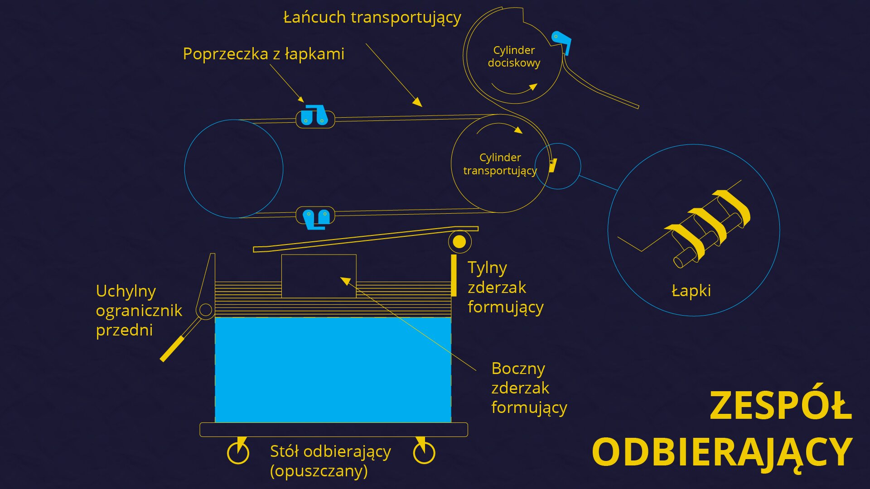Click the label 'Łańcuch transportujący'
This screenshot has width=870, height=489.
tap(372, 18)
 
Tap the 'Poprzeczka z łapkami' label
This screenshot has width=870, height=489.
tap(263, 54)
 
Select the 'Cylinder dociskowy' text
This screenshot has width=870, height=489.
tap(514, 57)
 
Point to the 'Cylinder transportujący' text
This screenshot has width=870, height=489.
tap(500, 164)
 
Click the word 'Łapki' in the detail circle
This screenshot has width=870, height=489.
tap(691, 290)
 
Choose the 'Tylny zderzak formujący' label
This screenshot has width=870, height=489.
tap(505, 287)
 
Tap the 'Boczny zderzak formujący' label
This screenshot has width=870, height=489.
tap(529, 388)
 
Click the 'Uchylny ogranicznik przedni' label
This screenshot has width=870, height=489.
tap(139, 311)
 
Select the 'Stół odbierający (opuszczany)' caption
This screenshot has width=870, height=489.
tap(330, 461)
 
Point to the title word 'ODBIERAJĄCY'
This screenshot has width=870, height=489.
tap(722, 452)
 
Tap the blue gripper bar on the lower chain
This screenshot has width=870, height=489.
tap(316, 218)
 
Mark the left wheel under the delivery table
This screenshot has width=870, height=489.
tap(238, 452)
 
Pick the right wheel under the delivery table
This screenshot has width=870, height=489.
tap(424, 452)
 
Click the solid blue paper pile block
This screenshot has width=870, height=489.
tap(333, 369)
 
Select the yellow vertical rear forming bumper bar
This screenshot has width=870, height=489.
tap(454, 275)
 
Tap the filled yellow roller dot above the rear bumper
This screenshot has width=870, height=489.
tap(459, 242)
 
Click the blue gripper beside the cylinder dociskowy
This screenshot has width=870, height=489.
tap(562, 41)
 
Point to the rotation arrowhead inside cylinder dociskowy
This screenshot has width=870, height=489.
tap(533, 86)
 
